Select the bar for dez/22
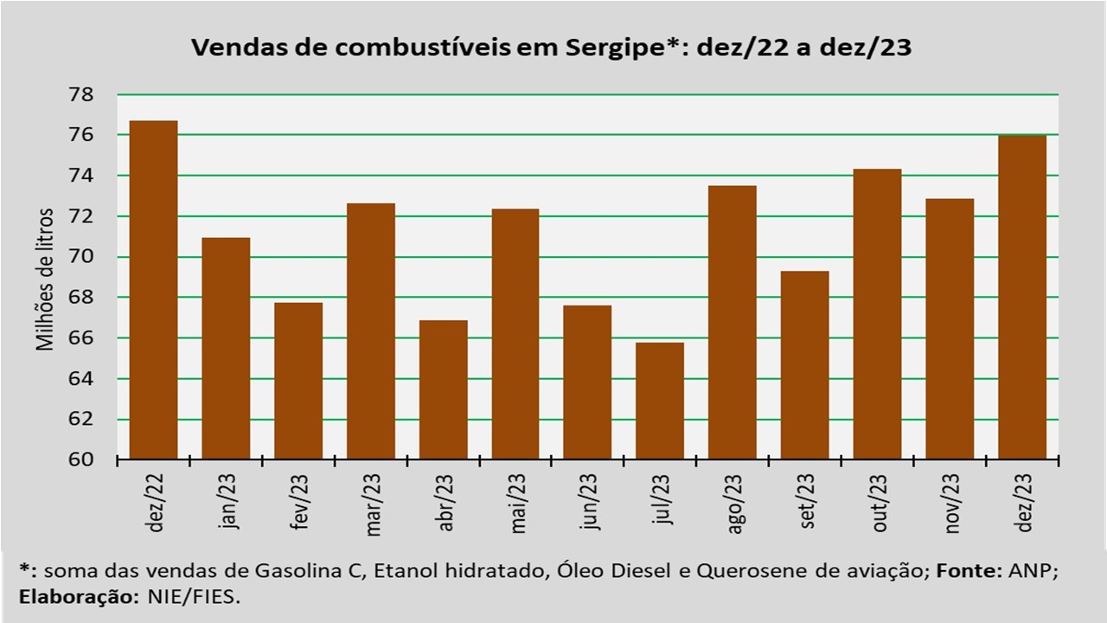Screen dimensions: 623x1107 153,290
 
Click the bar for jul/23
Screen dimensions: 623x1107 660,401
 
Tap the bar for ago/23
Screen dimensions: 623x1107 733,322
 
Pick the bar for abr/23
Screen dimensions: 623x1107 443,389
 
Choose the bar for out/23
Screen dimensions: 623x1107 877,313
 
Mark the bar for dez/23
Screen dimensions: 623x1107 1022,297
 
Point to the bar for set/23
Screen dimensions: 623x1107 804,365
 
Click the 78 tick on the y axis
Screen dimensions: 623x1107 91,94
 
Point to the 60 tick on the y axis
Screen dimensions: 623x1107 91,459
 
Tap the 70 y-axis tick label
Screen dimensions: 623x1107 91,257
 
